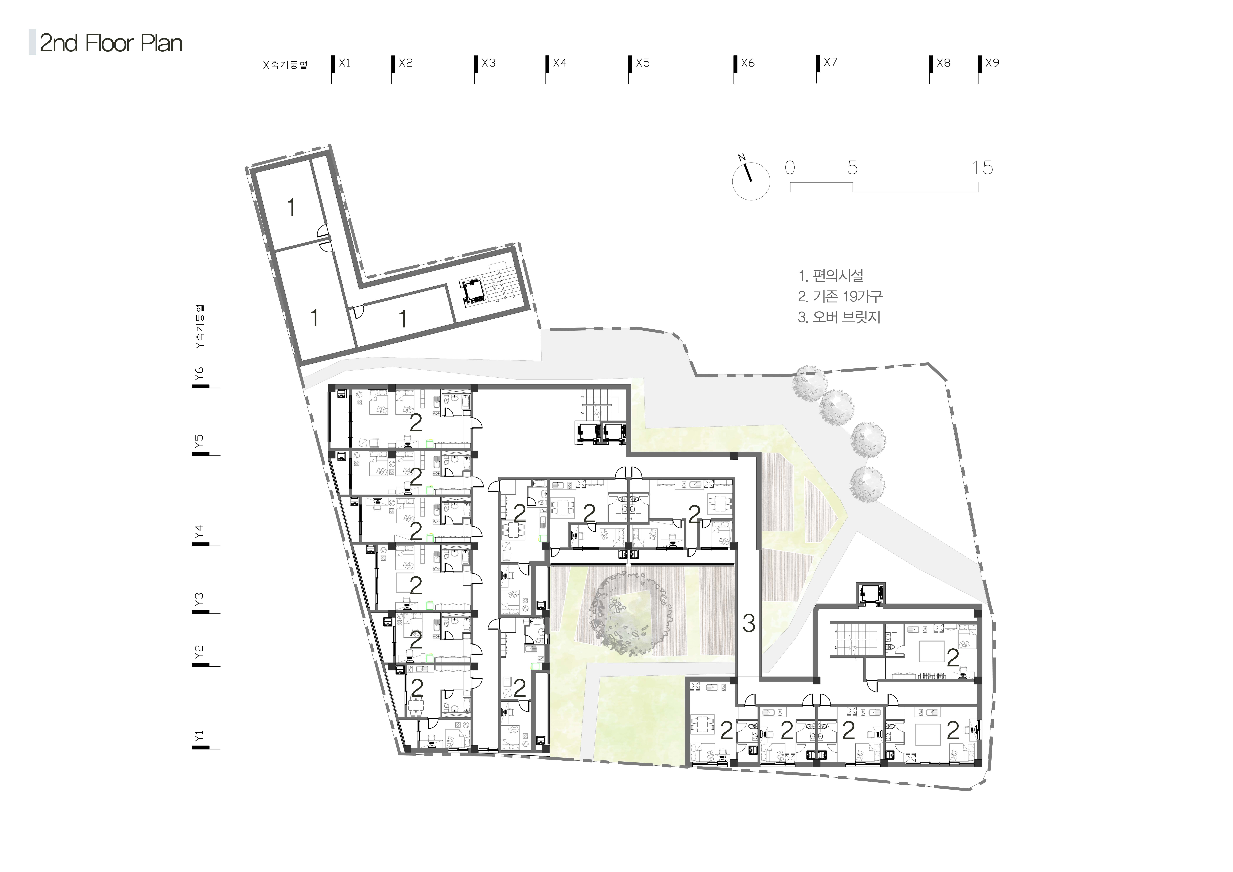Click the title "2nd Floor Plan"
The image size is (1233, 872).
111,43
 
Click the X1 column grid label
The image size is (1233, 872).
344,63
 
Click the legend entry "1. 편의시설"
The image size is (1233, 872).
831,276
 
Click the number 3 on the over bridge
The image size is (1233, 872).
749,623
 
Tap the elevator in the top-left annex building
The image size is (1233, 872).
473,293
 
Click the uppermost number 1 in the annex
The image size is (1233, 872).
291,207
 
